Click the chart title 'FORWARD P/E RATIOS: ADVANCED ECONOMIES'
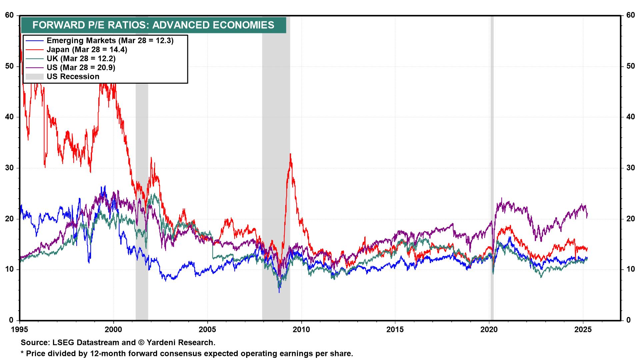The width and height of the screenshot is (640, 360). tap(153, 25)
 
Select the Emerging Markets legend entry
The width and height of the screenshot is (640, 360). tap(110, 41)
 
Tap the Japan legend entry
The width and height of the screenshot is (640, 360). tap(87, 50)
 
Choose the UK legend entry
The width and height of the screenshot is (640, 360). tap(81, 59)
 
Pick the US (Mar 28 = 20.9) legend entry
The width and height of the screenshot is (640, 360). tap(81, 68)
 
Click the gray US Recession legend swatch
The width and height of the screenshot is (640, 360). tap(35, 77)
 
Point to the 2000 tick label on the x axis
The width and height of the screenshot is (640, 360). tap(114, 330)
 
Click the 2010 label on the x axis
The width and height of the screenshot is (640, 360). tap(301, 330)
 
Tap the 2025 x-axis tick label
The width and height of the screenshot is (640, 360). tap(583, 330)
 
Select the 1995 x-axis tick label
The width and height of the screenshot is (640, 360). tap(20, 330)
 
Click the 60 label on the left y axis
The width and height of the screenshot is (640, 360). tap(9, 15)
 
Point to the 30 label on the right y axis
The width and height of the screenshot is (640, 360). tap(630, 168)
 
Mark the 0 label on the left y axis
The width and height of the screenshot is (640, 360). tap(11, 320)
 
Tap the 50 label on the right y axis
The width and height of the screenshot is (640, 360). tap(630, 66)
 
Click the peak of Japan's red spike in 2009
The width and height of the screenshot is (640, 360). tap(290, 154)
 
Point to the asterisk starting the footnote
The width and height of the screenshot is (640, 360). tap(22, 353)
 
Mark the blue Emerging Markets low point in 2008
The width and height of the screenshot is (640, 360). tap(279, 292)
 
